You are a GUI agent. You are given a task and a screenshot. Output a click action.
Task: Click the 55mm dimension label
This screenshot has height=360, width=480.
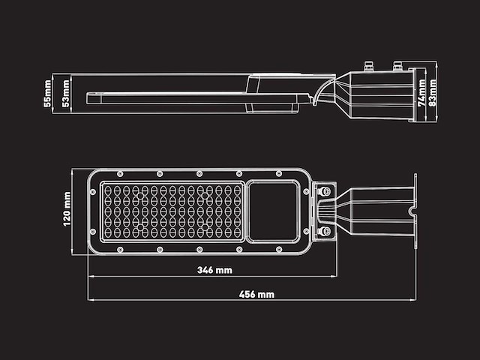coord(47,91)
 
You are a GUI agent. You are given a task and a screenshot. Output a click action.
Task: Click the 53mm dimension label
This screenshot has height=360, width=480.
coord(65,91)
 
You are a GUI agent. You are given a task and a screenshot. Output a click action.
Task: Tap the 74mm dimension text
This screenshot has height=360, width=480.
coord(421,93)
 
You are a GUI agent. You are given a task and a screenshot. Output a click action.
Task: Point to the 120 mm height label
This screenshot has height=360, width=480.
coord(67,209)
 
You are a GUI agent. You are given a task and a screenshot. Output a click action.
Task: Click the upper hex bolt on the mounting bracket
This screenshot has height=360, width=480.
coord(325,192)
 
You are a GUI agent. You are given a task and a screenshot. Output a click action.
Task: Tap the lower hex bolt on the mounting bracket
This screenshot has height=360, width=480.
coord(325,231)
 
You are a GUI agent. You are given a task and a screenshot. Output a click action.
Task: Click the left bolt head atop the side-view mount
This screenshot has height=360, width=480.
coord(368,65)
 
